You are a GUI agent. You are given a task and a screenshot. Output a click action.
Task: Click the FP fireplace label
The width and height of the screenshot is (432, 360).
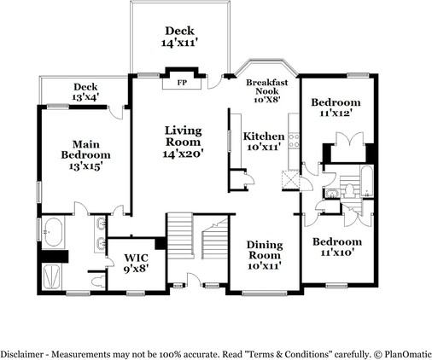182,83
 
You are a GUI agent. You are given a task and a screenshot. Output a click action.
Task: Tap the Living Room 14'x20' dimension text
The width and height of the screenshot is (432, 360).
183,154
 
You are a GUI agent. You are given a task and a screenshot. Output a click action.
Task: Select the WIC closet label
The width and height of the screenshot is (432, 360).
137,258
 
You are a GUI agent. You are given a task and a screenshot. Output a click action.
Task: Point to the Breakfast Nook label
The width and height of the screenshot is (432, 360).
267,87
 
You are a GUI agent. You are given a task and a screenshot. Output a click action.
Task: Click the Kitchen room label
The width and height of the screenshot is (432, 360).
264,136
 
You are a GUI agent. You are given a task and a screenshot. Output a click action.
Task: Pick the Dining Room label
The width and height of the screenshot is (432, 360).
265,250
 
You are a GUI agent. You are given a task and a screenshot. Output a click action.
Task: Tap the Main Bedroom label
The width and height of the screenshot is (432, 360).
85,149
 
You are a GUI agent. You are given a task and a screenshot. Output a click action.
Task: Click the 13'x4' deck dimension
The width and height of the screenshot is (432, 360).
85,97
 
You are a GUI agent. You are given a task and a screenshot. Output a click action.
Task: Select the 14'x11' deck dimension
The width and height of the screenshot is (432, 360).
179,43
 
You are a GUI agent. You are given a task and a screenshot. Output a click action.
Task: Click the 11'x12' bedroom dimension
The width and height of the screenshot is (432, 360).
336,113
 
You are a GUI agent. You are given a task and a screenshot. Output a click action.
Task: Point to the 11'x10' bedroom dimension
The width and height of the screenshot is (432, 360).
337,252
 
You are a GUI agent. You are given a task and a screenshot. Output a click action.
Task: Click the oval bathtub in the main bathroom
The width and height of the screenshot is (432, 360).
53,232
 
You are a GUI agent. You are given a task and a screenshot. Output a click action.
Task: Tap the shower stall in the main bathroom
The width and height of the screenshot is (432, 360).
51,276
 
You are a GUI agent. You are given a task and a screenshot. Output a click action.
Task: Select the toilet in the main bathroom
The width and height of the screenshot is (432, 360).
98,281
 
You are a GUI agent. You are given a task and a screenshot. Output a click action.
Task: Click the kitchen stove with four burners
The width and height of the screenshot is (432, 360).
294,141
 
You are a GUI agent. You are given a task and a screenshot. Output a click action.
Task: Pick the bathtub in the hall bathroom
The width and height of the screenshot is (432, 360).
367,182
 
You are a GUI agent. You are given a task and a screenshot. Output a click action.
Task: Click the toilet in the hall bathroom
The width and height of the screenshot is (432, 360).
350,190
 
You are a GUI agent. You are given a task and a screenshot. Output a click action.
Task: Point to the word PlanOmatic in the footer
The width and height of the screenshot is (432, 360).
408,355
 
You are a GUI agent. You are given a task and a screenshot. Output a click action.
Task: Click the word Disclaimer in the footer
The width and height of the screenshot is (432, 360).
21,355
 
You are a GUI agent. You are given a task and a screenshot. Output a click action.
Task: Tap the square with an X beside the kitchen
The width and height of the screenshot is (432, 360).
290,181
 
